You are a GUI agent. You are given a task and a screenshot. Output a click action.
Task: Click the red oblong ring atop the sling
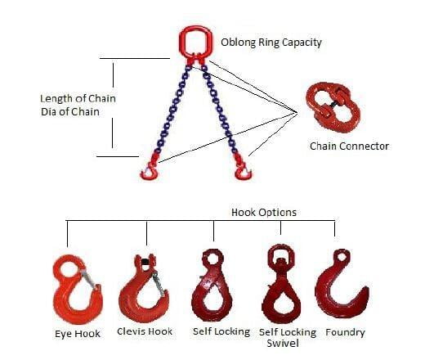(x=181, y=41)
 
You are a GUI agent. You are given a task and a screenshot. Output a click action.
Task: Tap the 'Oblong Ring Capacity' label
(x=271, y=43)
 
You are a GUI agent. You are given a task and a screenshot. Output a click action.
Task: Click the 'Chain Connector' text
(x=349, y=146)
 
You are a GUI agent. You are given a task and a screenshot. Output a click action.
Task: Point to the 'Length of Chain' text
(x=78, y=98)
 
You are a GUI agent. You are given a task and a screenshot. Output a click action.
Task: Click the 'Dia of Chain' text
(x=70, y=112)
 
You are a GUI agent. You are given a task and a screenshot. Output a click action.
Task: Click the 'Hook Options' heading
(x=264, y=213)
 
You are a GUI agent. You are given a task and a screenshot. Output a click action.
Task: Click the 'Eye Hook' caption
(x=78, y=334)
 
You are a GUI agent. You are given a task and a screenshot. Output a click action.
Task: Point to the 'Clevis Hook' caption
(x=145, y=331)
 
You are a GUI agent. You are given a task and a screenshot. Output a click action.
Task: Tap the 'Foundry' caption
(x=345, y=332)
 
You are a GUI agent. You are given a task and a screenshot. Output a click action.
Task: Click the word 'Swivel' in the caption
(x=283, y=343)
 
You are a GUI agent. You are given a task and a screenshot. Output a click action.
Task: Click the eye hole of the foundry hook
(x=342, y=257)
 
